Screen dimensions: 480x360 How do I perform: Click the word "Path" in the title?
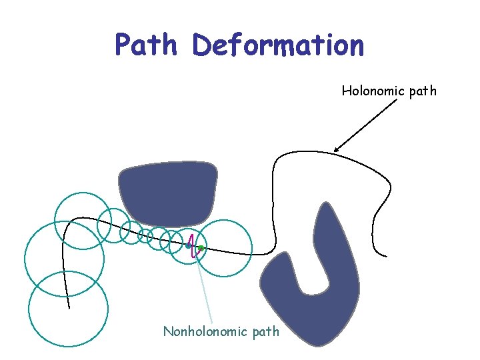[x=147, y=45]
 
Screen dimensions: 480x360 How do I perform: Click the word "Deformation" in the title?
[x=278, y=45]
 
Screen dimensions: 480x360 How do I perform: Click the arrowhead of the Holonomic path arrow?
[x=336, y=149]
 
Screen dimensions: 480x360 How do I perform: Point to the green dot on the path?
[x=201, y=248]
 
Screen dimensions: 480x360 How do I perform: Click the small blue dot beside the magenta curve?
[x=189, y=246]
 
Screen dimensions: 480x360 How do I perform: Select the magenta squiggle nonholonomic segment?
[x=193, y=247]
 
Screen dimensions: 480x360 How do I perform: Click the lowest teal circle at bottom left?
[x=68, y=309]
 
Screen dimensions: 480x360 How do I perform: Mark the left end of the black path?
[x=69, y=308]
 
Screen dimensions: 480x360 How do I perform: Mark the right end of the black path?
[x=386, y=255]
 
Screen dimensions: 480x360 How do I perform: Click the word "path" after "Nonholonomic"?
[x=266, y=331]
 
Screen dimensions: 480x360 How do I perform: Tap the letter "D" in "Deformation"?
[x=202, y=45]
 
